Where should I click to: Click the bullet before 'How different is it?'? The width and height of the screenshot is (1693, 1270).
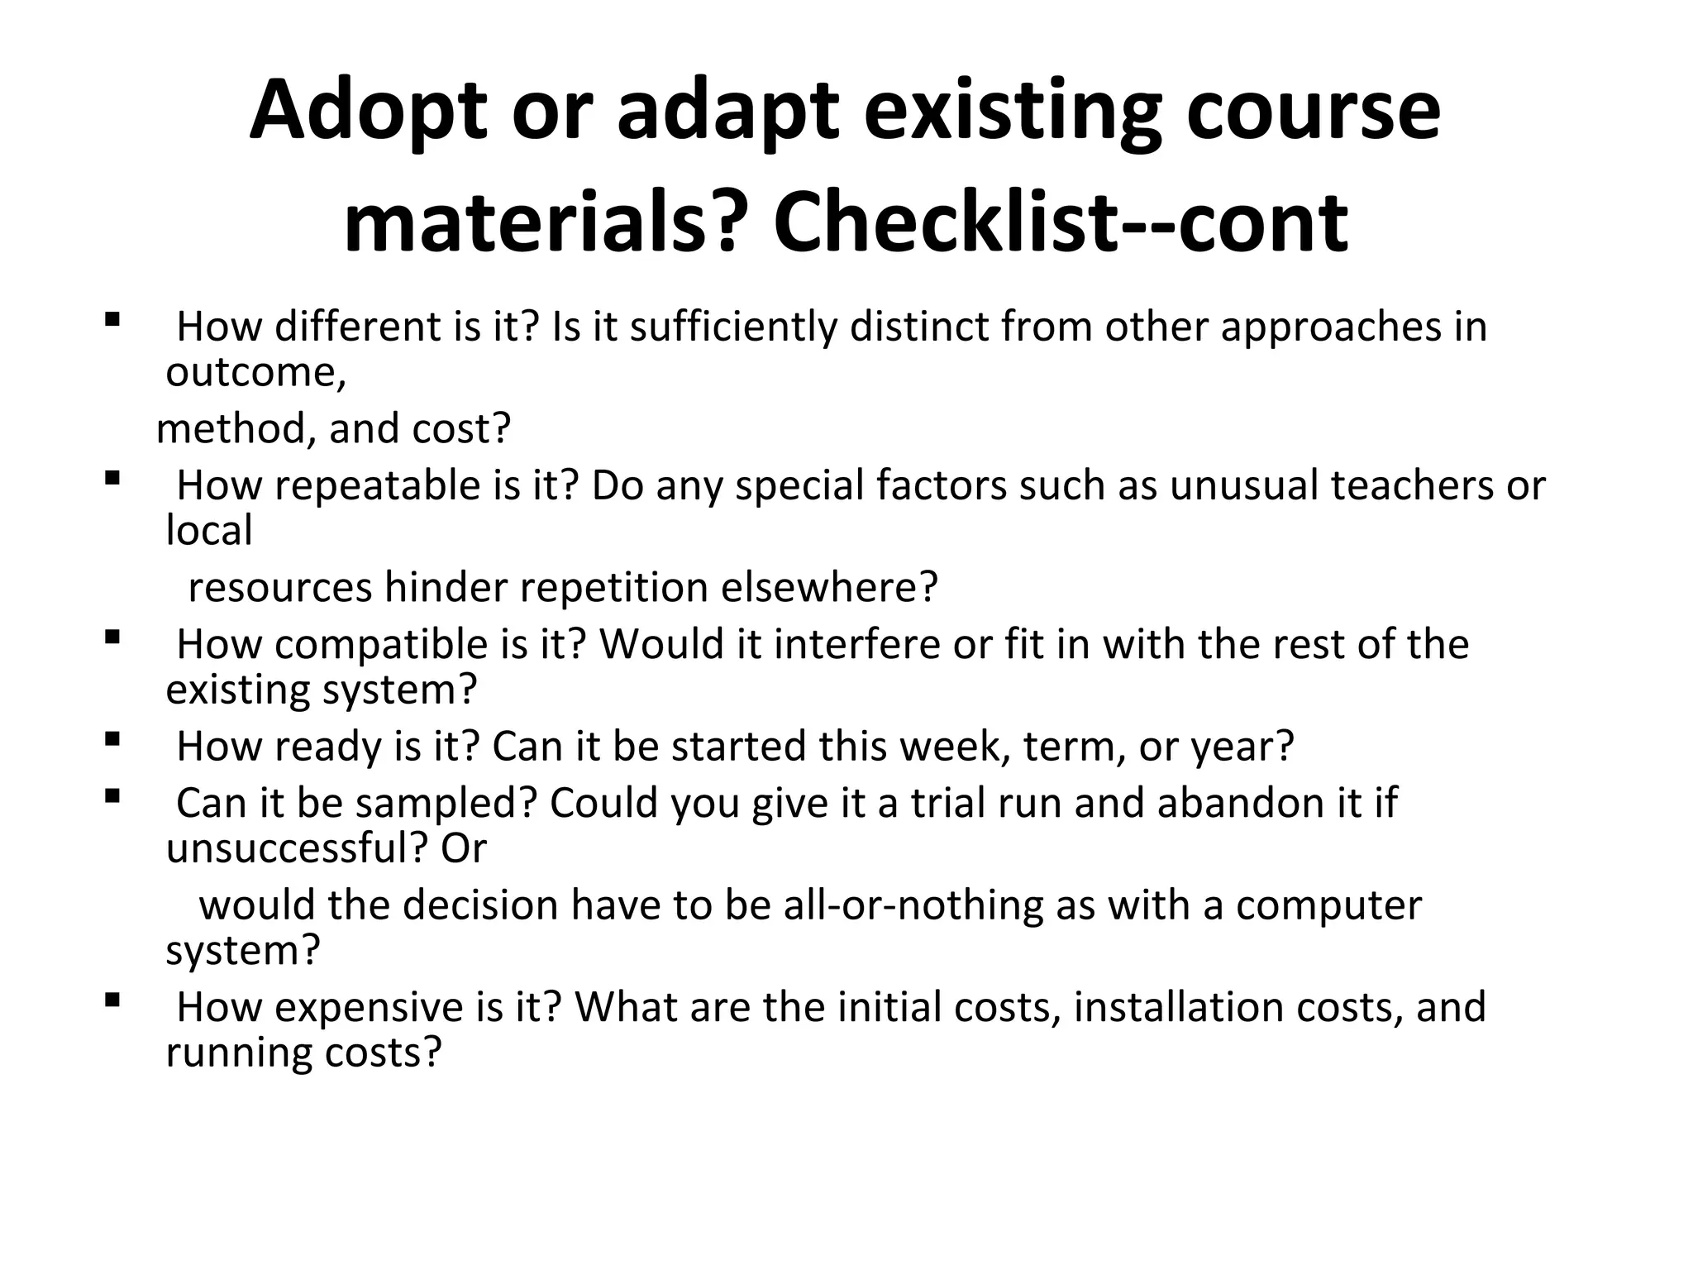pyautogui.click(x=113, y=319)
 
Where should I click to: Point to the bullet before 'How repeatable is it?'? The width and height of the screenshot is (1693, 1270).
pyautogui.click(x=113, y=478)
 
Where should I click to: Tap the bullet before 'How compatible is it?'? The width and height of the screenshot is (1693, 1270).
pyautogui.click(x=113, y=637)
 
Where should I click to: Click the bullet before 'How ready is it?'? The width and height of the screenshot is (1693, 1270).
pyautogui.click(x=113, y=739)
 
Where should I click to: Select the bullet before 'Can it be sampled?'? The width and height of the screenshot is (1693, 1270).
pyautogui.click(x=113, y=795)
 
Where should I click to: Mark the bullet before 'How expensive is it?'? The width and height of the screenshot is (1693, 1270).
pyautogui.click(x=113, y=1000)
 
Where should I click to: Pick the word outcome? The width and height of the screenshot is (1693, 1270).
pyautogui.click(x=255, y=373)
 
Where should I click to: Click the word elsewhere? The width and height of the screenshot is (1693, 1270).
pyautogui.click(x=829, y=588)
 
